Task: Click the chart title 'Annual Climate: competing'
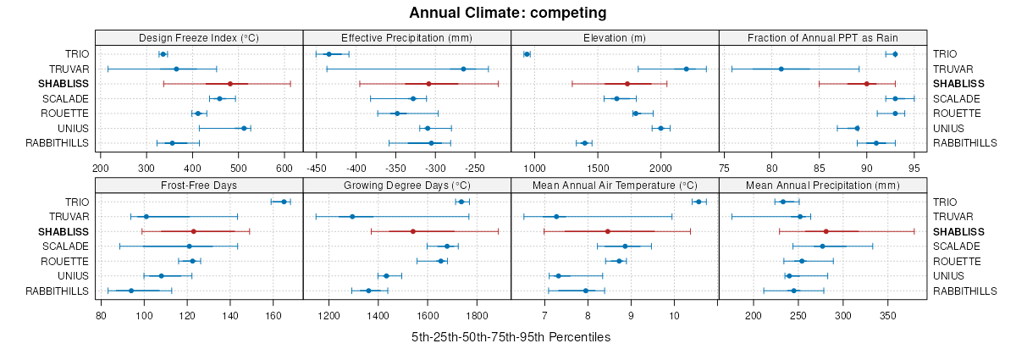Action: tap(507, 13)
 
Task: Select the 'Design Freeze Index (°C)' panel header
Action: tap(199, 37)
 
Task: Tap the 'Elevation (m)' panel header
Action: tap(615, 37)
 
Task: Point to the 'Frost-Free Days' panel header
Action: tap(199, 185)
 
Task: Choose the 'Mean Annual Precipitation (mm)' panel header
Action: tap(823, 185)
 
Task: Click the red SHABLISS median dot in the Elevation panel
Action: tap(627, 84)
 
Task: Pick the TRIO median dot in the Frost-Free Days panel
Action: tap(284, 202)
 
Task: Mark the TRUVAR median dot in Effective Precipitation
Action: tap(463, 69)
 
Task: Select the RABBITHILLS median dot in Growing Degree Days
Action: tap(368, 291)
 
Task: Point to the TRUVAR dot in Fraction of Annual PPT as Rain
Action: tap(781, 69)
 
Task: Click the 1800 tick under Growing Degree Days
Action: tap(477, 315)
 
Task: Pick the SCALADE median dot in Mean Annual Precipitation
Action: tap(822, 246)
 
